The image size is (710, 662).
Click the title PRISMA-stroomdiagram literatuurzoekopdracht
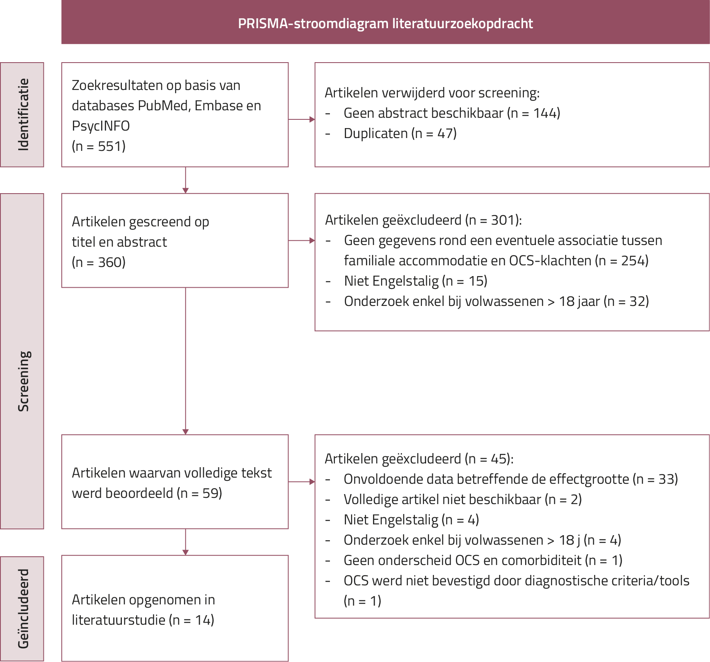(385, 24)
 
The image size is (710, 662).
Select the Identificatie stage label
(23, 114)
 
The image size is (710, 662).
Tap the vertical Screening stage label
(23, 381)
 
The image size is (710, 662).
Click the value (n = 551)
(99, 146)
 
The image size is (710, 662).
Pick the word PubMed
(164, 106)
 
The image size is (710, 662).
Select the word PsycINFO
(101, 126)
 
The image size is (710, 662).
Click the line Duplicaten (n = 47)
(400, 133)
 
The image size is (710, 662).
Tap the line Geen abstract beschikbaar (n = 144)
(452, 113)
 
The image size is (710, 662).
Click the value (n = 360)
(99, 262)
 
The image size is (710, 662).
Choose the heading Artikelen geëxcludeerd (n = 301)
(423, 220)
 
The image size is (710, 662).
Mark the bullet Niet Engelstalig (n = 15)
(415, 281)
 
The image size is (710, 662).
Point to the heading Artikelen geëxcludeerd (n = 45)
(419, 459)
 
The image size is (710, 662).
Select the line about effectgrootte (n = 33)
(511, 479)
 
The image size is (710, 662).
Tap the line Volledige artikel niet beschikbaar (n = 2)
(463, 500)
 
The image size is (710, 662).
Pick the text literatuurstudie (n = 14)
(143, 620)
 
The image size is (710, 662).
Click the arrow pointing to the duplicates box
(301, 119)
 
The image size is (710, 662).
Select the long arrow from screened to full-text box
(185, 361)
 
